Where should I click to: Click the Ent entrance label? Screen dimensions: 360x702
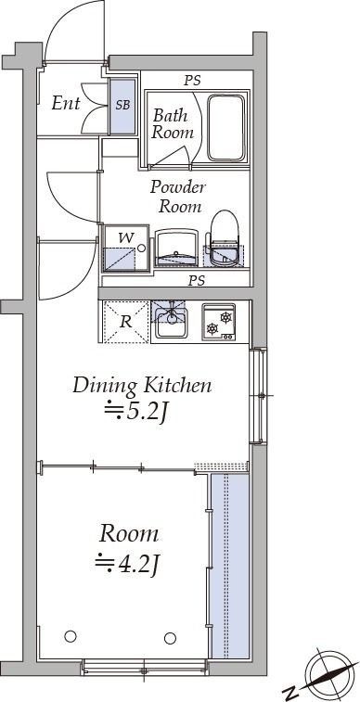click(65, 104)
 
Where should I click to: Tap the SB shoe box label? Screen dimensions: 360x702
click(122, 105)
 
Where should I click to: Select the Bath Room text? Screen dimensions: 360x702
click(173, 123)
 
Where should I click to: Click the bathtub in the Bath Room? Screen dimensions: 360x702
click(226, 128)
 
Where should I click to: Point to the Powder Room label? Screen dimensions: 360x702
click(178, 197)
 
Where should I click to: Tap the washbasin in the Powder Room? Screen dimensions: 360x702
click(176, 248)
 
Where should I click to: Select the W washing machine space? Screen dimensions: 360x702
click(126, 249)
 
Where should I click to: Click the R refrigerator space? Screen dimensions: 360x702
click(126, 322)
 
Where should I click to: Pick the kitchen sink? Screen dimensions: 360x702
click(170, 320)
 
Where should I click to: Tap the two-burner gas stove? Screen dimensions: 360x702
click(219, 322)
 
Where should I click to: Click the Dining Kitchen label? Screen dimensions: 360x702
click(141, 387)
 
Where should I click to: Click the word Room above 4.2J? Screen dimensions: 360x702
click(129, 534)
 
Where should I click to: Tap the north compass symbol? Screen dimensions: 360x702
click(327, 676)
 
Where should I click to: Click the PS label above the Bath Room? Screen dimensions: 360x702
click(193, 81)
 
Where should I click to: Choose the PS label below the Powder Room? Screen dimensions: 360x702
click(197, 281)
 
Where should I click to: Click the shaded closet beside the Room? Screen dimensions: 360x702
click(230, 566)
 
